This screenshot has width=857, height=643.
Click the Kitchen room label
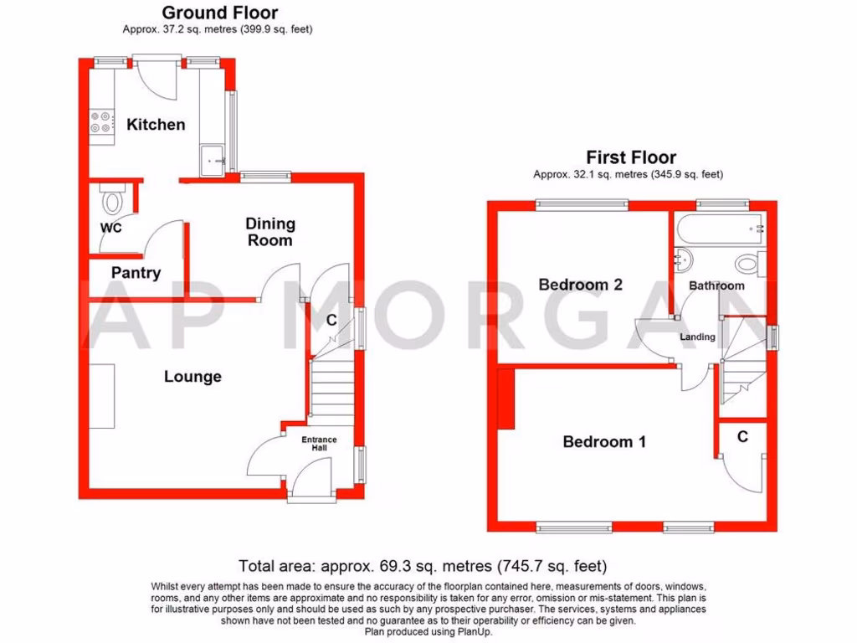[156, 125]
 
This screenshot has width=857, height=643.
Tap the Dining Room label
[269, 232]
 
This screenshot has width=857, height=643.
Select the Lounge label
[192, 377]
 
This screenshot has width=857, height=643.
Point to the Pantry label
[136, 272]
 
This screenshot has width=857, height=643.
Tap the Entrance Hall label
[319, 444]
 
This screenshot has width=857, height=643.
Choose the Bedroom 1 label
[604, 441]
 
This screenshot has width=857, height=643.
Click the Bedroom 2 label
[580, 285]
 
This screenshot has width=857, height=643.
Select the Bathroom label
[716, 285]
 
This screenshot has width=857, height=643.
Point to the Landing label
[697, 337]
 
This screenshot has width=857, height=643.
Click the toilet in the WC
[110, 201]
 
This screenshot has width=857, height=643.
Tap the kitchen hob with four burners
[101, 122]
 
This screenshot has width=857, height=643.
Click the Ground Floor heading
[219, 13]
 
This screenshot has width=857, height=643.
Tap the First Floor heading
[631, 157]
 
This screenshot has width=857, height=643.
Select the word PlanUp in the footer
[473, 631]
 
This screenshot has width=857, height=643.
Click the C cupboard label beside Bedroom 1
[742, 436]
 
